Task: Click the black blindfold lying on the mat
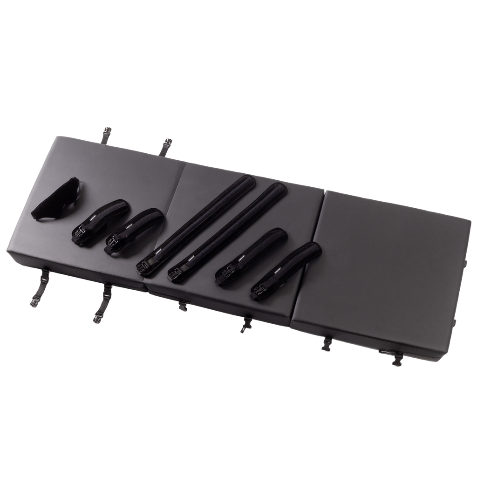[51, 202]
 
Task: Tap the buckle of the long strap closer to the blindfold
[142, 267]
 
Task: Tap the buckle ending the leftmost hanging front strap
[35, 300]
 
